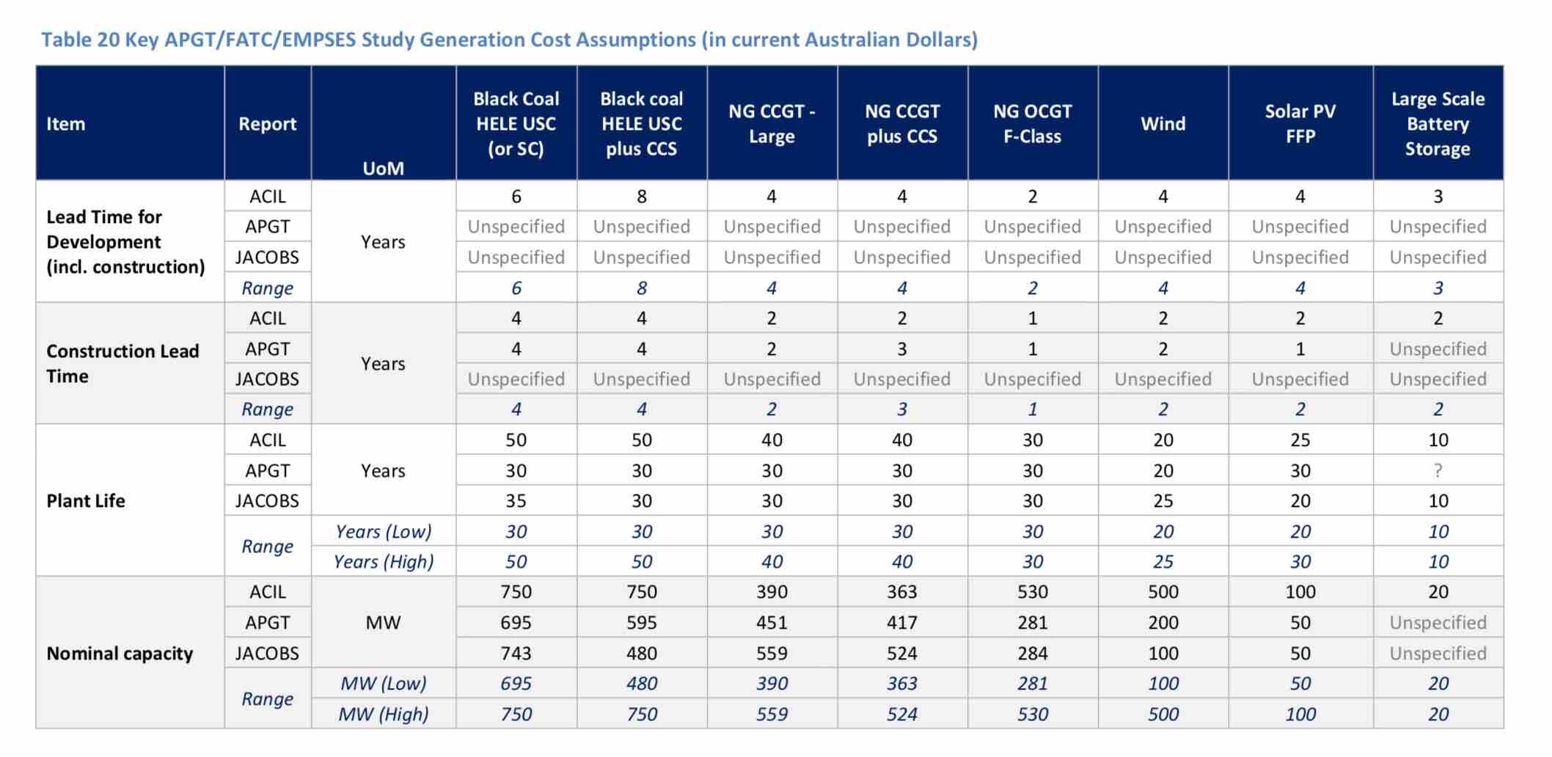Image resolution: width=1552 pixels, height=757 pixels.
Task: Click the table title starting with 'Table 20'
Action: (x=509, y=40)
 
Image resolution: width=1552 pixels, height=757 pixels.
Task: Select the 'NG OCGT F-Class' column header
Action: (x=1032, y=123)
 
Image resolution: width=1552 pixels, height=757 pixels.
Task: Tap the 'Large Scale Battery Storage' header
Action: (x=1438, y=123)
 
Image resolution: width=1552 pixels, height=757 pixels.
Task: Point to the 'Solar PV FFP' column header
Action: (x=1300, y=123)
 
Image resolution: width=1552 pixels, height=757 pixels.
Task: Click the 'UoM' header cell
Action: (x=383, y=168)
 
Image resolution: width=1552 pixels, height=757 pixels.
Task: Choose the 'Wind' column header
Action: (x=1163, y=123)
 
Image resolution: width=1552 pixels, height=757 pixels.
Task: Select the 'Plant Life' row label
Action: (x=86, y=501)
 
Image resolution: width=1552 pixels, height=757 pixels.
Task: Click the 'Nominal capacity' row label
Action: (x=120, y=654)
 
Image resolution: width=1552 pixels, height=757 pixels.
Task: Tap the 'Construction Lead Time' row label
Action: (x=122, y=364)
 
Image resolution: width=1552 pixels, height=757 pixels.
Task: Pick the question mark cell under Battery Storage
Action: (x=1438, y=471)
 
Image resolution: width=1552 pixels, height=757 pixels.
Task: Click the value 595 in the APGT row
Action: (x=641, y=623)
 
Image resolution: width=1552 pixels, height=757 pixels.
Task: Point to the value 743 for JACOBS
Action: (x=516, y=654)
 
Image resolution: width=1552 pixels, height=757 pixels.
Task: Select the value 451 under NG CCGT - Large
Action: (x=772, y=623)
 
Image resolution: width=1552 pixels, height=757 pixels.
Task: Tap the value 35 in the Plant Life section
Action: (x=516, y=501)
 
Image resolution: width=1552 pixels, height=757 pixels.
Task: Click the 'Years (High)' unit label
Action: (x=383, y=562)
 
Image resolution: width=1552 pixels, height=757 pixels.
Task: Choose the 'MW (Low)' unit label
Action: (x=383, y=684)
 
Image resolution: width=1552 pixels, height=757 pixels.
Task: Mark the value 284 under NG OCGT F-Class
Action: (x=1032, y=654)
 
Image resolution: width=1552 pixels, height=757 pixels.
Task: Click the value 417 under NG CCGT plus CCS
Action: (x=901, y=623)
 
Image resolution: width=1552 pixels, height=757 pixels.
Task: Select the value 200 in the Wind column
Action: (x=1163, y=623)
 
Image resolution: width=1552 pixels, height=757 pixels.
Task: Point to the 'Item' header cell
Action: (x=65, y=124)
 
